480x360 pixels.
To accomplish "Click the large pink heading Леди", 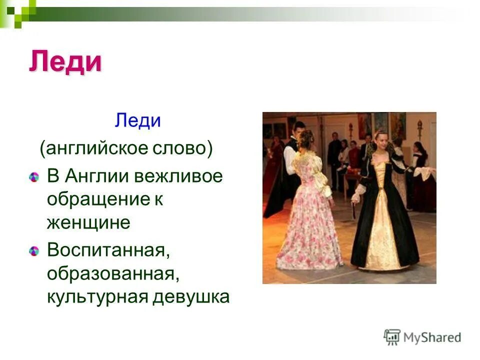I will (65, 62).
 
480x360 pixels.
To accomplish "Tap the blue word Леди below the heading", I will (137, 120).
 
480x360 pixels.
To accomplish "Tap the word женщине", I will (88, 222).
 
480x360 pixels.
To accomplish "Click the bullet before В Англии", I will (33, 177).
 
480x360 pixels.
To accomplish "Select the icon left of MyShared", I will (392, 337).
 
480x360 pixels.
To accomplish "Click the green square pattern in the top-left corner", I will (18, 11).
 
